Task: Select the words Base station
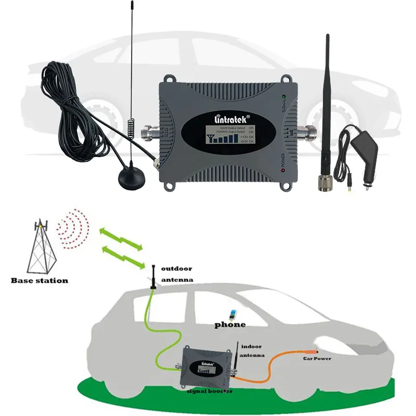pos(40,281)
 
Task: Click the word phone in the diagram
pos(230,325)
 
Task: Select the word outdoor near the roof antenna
pos(176,269)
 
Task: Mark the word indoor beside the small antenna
pos(252,346)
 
